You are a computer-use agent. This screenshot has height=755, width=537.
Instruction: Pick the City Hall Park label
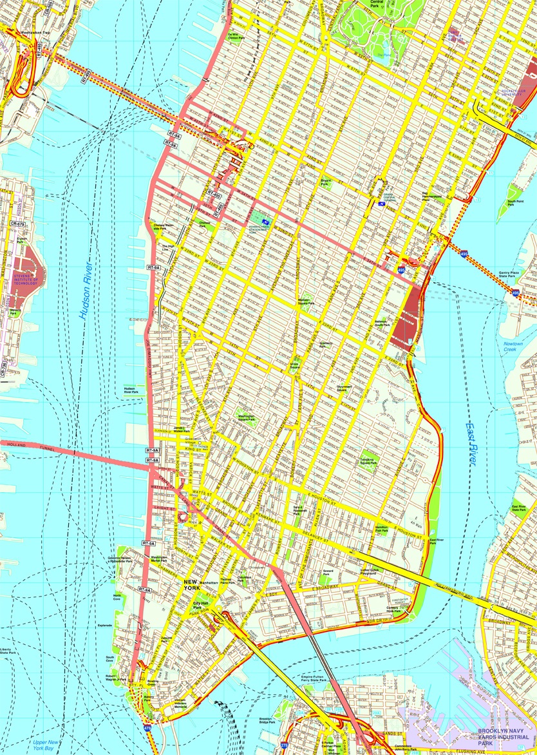coord(202,606)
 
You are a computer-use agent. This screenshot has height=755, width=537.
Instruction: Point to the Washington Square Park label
coord(246,418)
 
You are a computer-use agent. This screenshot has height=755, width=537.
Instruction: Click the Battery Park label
coord(149,698)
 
